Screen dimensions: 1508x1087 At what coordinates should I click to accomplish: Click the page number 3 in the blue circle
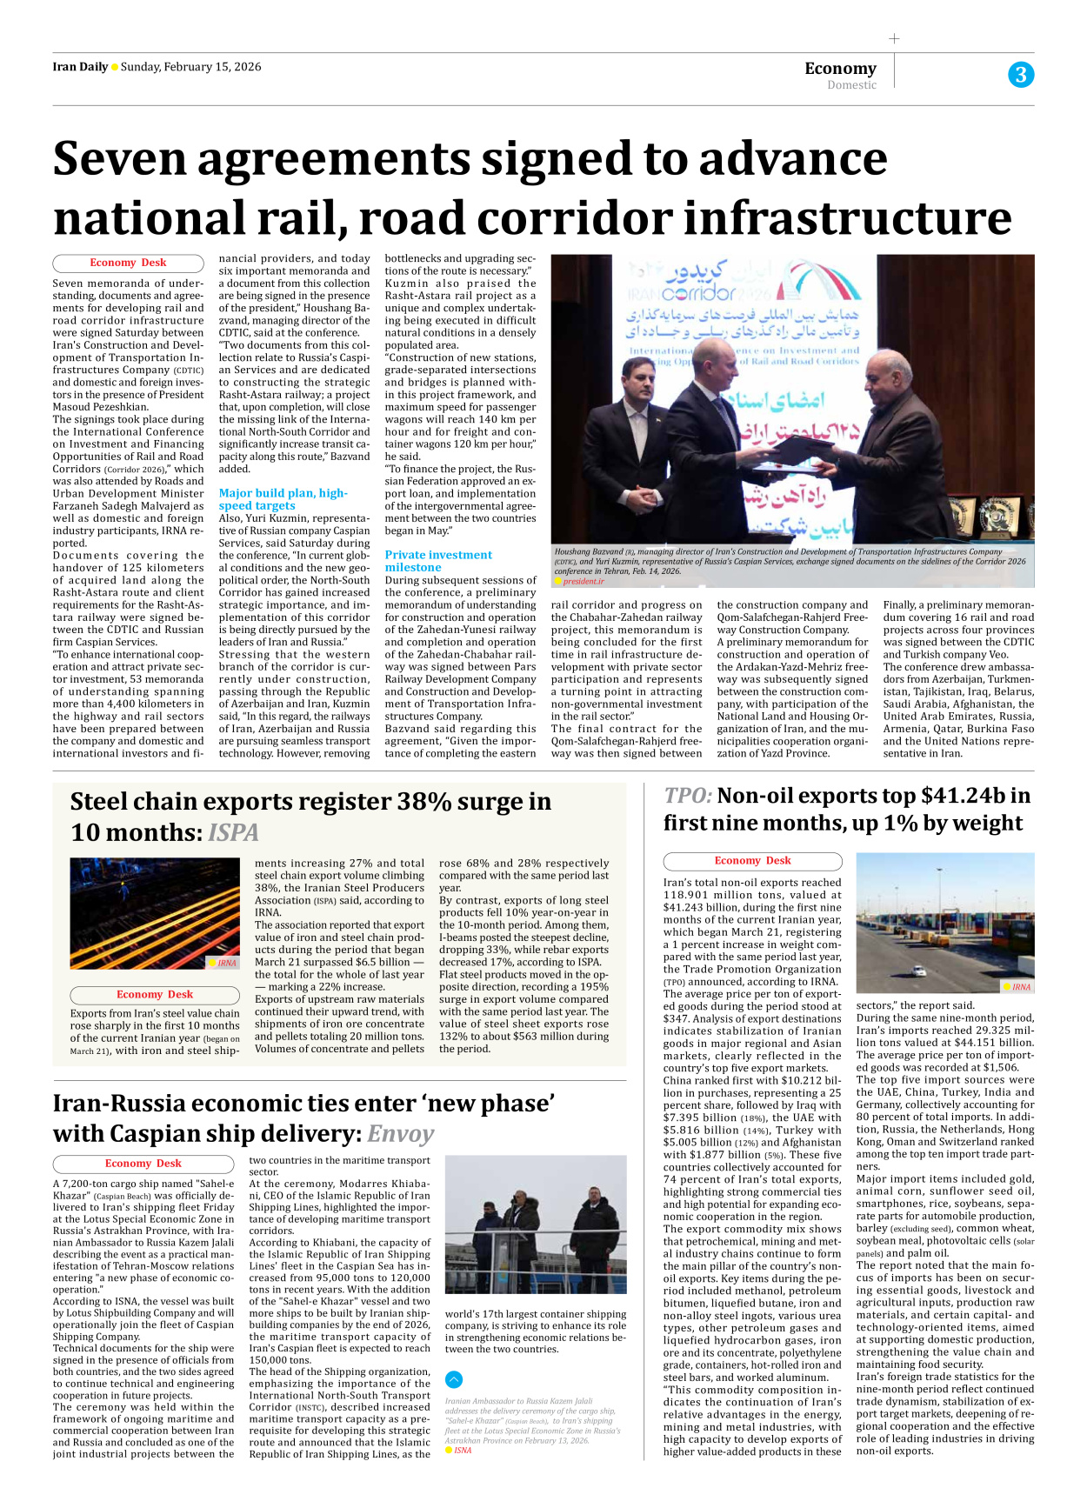pyautogui.click(x=1020, y=75)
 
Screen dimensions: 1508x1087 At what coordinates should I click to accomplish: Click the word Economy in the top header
pyautogui.click(x=840, y=68)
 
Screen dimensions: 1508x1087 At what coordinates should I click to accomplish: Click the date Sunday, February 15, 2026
pyautogui.click(x=190, y=67)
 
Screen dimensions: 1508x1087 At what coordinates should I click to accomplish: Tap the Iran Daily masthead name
pyautogui.click(x=80, y=67)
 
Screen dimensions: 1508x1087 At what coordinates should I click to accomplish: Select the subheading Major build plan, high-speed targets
pyautogui.click(x=282, y=499)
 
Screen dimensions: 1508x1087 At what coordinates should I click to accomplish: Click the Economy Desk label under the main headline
pyautogui.click(x=128, y=263)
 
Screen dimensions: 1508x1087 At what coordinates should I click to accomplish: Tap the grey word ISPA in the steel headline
pyautogui.click(x=233, y=832)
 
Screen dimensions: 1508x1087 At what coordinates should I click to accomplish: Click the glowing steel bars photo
pyautogui.click(x=154, y=913)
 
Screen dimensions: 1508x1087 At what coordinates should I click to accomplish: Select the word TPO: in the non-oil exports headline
pyautogui.click(x=687, y=796)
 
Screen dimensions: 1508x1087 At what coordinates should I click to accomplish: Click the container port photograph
pyautogui.click(x=944, y=922)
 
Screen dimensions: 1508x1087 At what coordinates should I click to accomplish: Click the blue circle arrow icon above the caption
pyautogui.click(x=454, y=1379)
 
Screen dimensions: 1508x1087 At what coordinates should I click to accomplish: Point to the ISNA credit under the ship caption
pyautogui.click(x=462, y=1451)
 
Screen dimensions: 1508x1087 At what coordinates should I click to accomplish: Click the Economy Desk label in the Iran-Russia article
pyautogui.click(x=143, y=1164)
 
